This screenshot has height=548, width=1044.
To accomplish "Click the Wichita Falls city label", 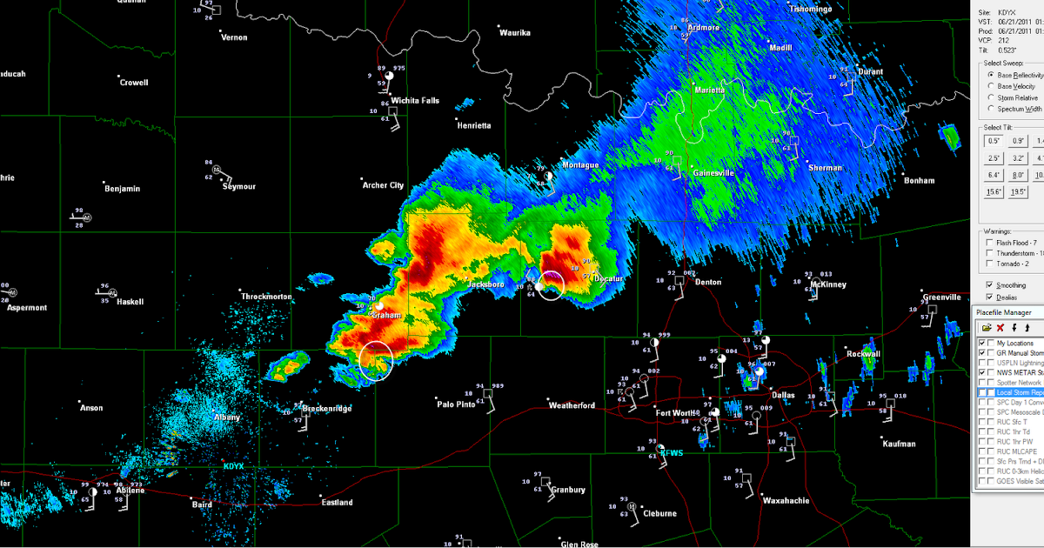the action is point(415,101).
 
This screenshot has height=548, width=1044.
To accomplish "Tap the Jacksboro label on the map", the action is point(485,284).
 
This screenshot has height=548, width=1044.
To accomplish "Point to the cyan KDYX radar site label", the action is point(233,467).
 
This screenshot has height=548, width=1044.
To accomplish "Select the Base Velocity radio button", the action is point(991,87).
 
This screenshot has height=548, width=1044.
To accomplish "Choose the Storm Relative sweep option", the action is point(991,98).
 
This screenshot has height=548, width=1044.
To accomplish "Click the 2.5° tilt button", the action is point(994,158).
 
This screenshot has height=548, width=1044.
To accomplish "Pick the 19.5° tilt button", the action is point(1018,192).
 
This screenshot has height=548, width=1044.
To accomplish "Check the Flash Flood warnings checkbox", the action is point(990,243).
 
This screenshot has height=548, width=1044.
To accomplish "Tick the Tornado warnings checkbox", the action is point(990,264).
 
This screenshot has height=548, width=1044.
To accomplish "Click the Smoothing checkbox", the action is point(990,285).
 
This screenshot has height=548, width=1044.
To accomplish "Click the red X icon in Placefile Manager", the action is point(1000,328).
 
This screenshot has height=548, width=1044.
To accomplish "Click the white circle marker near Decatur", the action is point(551,285).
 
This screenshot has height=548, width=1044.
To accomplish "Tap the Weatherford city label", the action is point(572,406).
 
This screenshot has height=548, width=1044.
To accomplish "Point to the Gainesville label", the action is point(713,173).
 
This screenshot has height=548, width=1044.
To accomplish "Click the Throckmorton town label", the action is point(267,297).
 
